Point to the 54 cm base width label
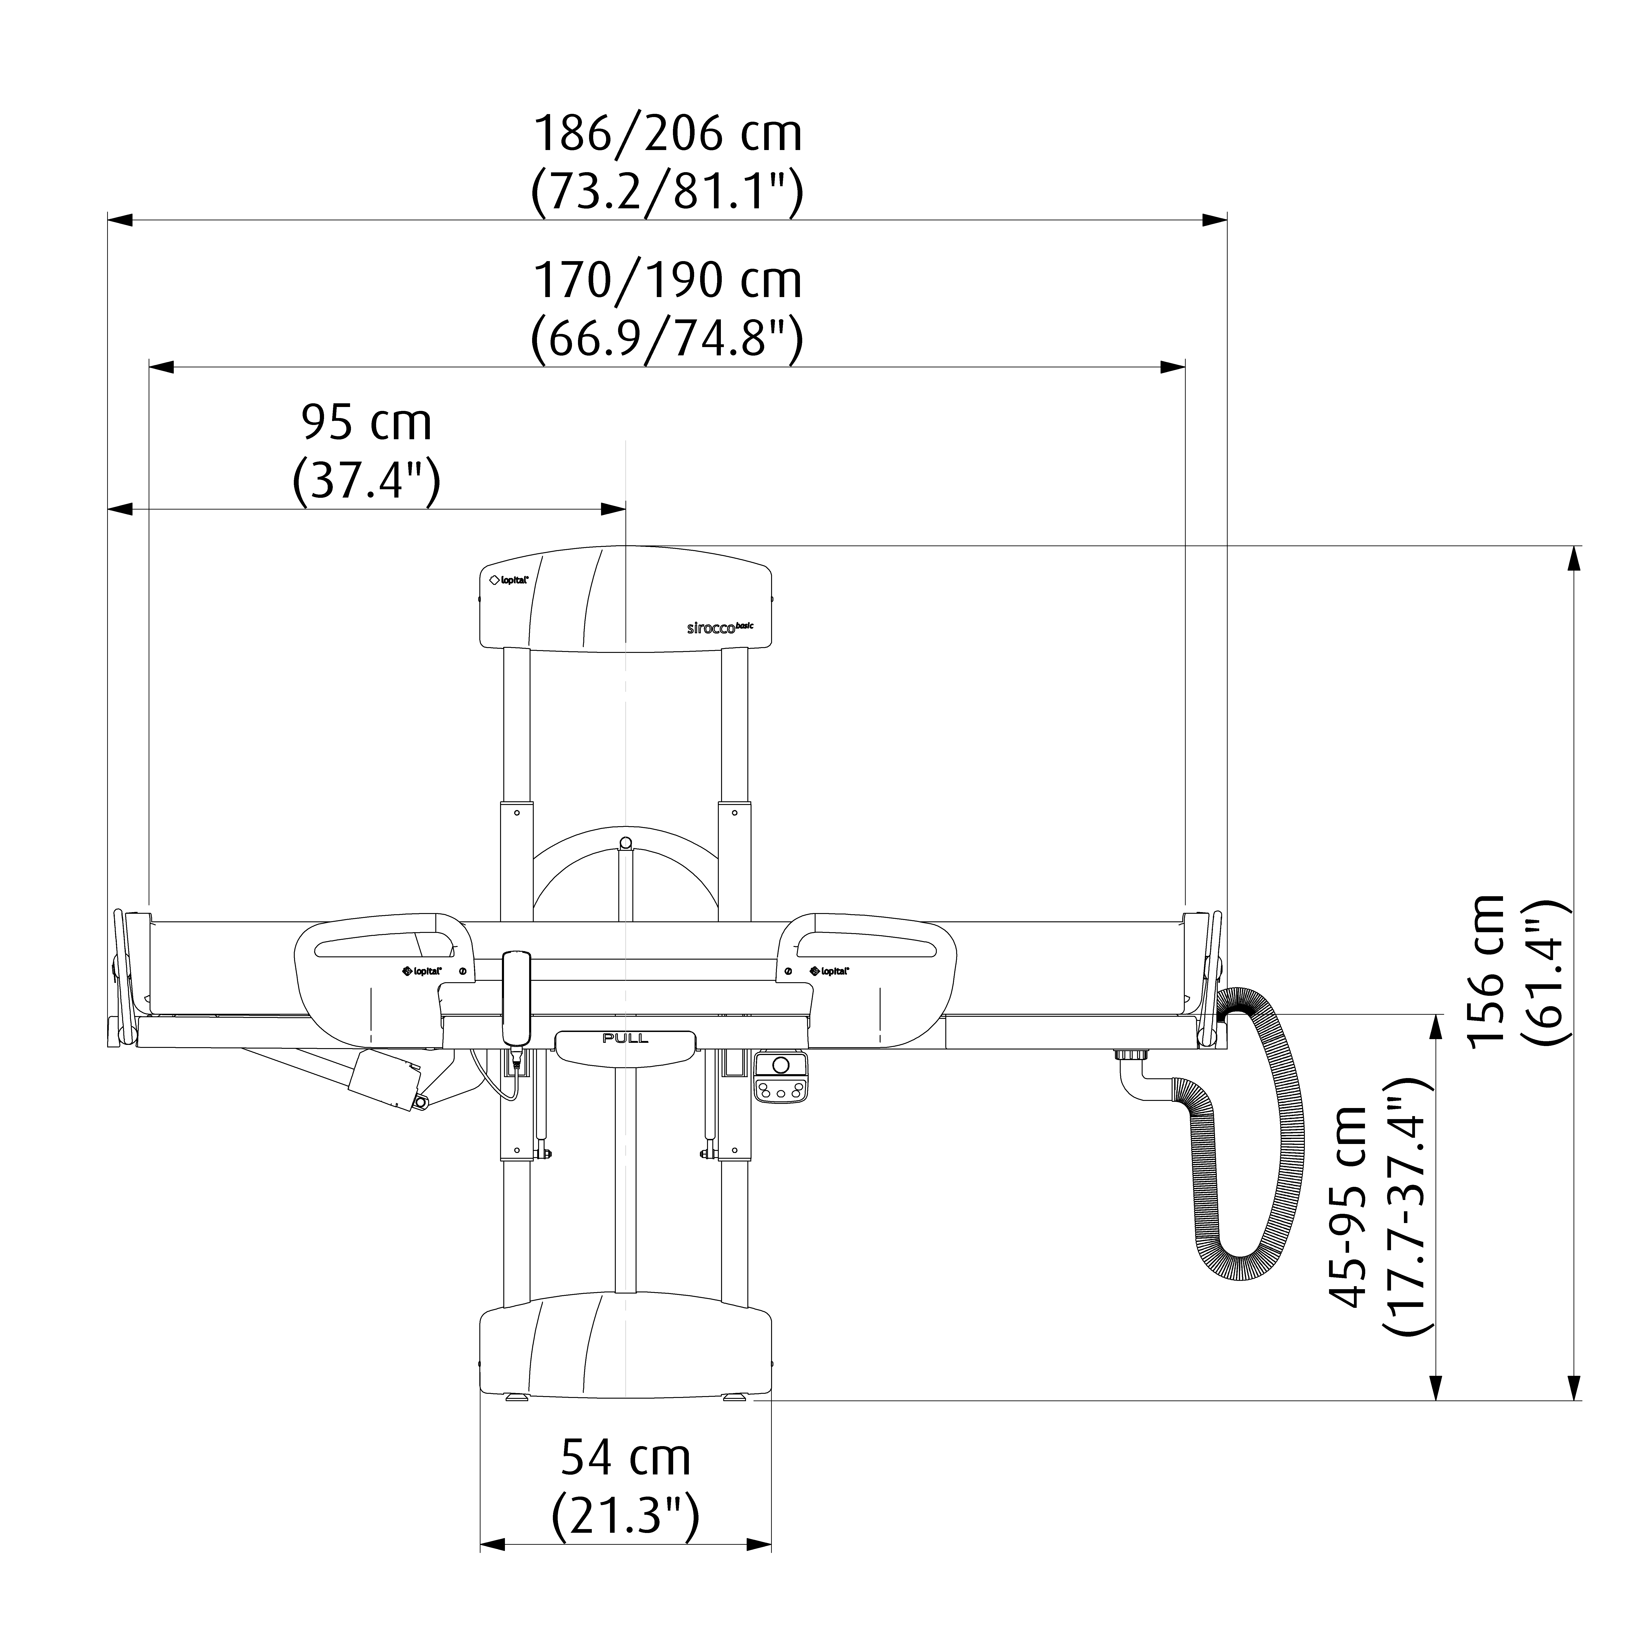pos(626,1457)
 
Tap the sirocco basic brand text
pos(719,627)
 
